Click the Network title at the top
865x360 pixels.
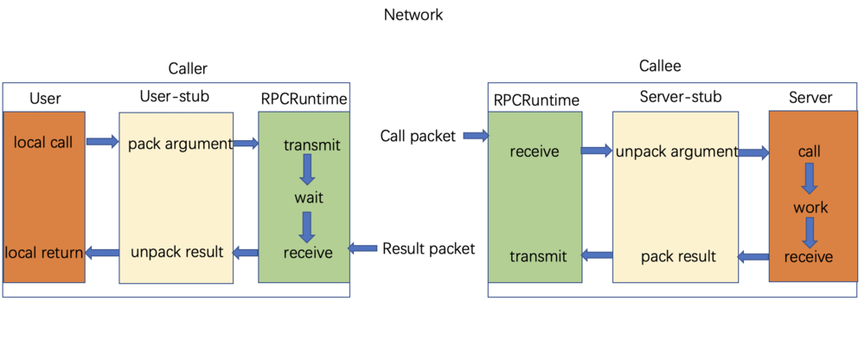[x=413, y=15]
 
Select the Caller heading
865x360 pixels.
[x=188, y=68]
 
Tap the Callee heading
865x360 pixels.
[x=661, y=66]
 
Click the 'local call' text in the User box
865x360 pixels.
[x=43, y=142]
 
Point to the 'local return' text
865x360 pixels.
[x=44, y=253]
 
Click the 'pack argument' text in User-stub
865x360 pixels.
[x=180, y=144]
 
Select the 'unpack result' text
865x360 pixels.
[x=177, y=253]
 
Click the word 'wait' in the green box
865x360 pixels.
[x=308, y=197]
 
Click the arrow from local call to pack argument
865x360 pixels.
[x=102, y=142]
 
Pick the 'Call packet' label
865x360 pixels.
[x=418, y=136]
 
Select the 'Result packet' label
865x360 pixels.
[x=428, y=248]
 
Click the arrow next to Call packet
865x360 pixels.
[x=476, y=136]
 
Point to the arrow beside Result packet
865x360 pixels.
[x=362, y=248]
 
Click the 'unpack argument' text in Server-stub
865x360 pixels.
[x=676, y=151]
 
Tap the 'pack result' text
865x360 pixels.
[x=678, y=256]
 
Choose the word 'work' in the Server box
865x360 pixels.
[x=811, y=208]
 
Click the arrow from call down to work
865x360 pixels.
[x=810, y=179]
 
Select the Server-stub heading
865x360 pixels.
[x=681, y=97]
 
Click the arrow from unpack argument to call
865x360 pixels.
[x=753, y=153]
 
